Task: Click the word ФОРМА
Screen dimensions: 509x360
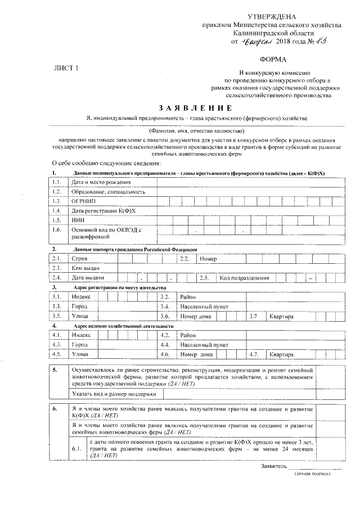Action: click(272, 59)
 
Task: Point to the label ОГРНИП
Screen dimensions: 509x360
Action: click(83, 201)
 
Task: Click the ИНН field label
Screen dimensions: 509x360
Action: click(78, 220)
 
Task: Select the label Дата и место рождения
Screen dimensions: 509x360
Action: click(101, 182)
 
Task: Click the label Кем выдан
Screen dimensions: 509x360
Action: click(85, 268)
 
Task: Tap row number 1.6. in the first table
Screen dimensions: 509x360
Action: click(56, 229)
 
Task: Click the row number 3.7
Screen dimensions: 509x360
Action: click(253, 316)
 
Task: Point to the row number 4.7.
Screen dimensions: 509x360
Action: click(253, 355)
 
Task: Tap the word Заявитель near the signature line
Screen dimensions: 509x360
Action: click(274, 466)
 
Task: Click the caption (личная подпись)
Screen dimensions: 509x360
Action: click(312, 474)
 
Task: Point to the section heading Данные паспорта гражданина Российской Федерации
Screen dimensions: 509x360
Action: click(135, 249)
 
